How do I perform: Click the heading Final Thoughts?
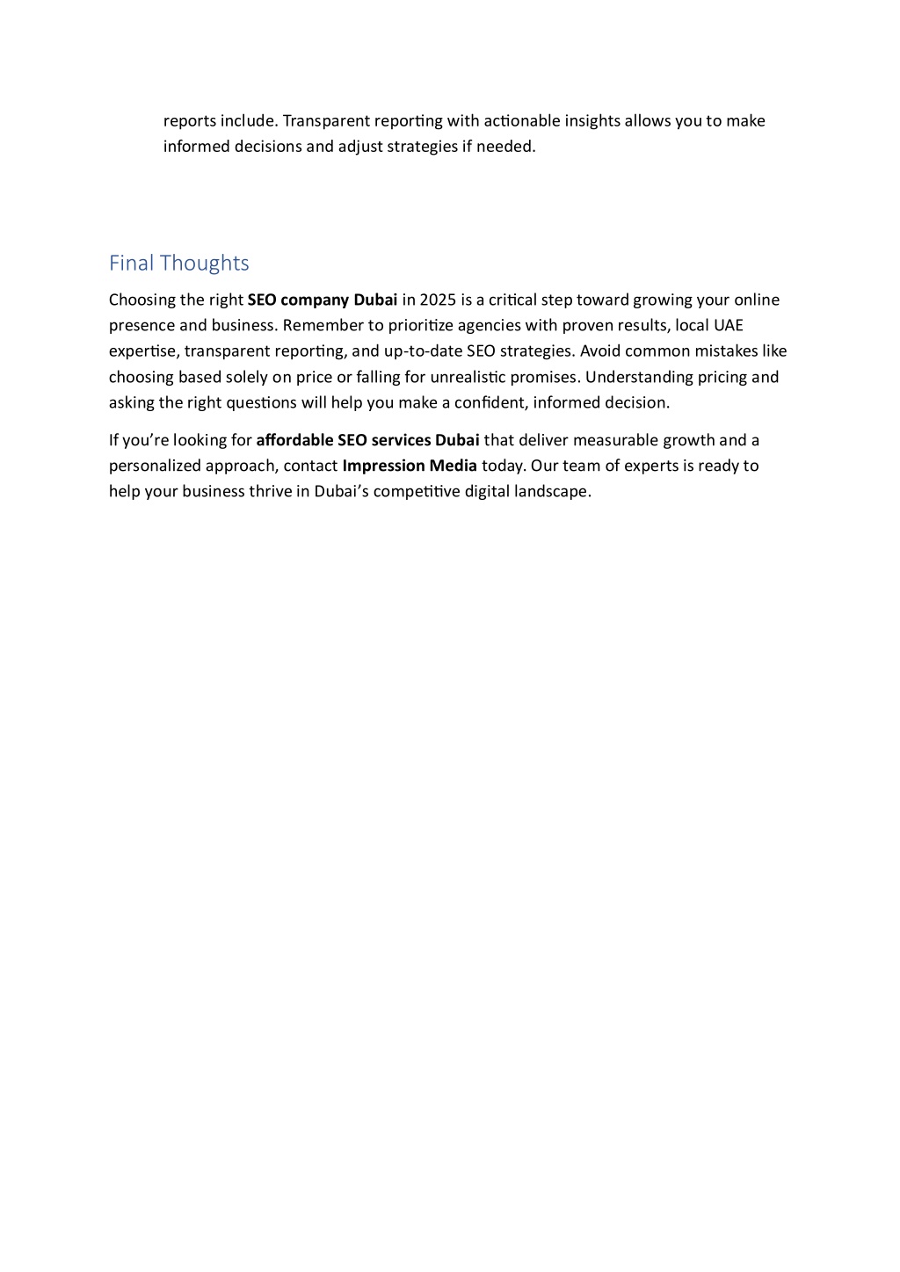coord(178,263)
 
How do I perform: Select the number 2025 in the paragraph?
coord(438,300)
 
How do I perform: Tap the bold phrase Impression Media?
coord(410,466)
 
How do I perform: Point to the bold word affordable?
coord(294,440)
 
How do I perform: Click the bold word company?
coord(315,300)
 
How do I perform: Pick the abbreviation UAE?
coord(728,326)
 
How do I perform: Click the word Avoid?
coord(599,351)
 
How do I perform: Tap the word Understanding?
coord(635,378)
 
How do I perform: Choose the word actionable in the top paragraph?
coord(520,120)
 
